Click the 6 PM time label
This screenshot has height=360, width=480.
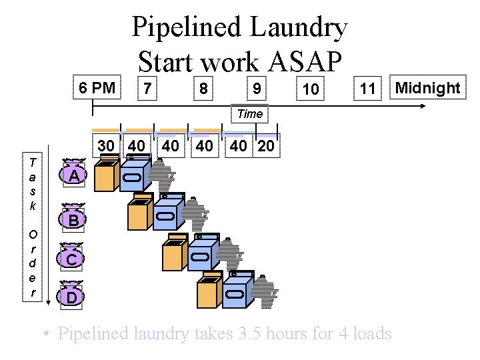click(97, 87)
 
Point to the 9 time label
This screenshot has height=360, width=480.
click(256, 87)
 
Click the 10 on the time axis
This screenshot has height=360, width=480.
click(310, 89)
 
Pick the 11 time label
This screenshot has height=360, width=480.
click(367, 89)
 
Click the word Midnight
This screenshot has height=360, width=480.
click(428, 87)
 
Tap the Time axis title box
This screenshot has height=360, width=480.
click(250, 114)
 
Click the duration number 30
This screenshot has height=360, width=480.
click(106, 146)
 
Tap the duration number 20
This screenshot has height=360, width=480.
click(265, 146)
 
